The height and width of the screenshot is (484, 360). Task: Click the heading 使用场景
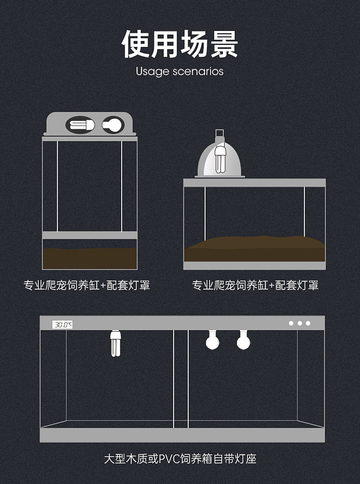[180, 44]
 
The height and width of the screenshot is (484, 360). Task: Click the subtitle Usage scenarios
[180, 71]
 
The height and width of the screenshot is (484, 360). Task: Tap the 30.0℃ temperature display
[62, 325]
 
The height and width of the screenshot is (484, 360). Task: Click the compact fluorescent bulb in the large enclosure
[115, 343]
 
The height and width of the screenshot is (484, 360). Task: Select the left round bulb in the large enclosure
[212, 340]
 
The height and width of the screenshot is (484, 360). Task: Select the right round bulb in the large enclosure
[243, 340]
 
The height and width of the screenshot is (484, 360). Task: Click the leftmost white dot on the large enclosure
[291, 323]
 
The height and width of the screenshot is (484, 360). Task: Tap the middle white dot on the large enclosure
[300, 323]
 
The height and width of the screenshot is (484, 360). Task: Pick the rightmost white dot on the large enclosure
[308, 323]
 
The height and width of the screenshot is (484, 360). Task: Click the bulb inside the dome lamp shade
[220, 159]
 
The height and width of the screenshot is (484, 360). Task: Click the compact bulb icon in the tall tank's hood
[81, 125]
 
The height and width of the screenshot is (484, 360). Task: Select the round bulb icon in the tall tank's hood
[113, 125]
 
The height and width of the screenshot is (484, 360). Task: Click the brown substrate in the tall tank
[90, 258]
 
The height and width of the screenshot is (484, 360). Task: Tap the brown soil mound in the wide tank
[254, 249]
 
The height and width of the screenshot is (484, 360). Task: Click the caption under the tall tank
[87, 285]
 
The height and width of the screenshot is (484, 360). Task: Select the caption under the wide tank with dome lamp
[255, 285]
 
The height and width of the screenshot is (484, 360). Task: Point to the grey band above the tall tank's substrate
[90, 235]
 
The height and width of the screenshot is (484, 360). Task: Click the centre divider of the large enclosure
[181, 379]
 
